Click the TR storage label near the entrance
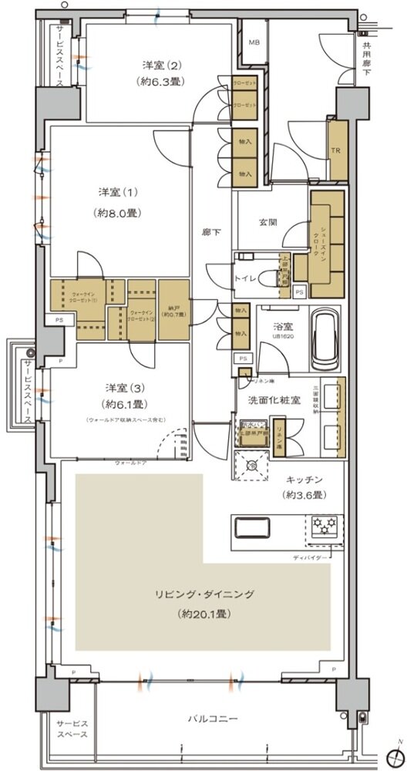pyautogui.click(x=336, y=150)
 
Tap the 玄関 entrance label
pyautogui.click(x=267, y=222)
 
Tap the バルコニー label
pyautogui.click(x=212, y=719)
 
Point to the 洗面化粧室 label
pyautogui.click(x=267, y=401)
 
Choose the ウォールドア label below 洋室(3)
pyautogui.click(x=130, y=463)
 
